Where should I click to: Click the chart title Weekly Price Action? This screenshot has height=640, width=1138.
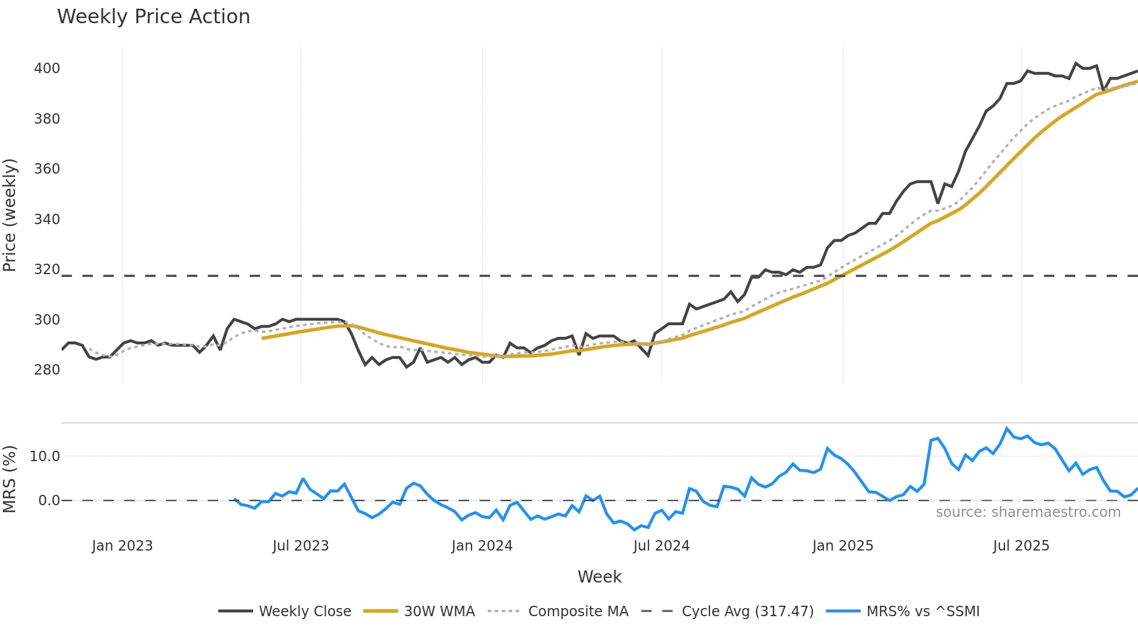click(x=153, y=17)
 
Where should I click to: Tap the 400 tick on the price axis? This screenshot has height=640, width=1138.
click(x=47, y=69)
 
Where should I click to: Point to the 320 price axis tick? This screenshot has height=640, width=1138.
click(x=47, y=269)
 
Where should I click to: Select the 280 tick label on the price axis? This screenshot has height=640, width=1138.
click(x=47, y=370)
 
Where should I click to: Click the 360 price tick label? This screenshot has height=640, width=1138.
click(x=47, y=169)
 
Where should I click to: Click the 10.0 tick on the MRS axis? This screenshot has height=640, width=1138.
click(x=45, y=456)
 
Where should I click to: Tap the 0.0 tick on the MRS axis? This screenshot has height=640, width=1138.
click(x=49, y=501)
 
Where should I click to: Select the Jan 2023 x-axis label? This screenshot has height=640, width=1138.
click(x=122, y=546)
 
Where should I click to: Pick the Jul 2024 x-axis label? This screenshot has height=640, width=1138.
click(x=661, y=546)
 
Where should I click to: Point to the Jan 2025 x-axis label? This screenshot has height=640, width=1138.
click(x=842, y=546)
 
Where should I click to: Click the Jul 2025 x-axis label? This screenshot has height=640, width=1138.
click(x=1021, y=546)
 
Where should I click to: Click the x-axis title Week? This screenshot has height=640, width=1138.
click(x=599, y=577)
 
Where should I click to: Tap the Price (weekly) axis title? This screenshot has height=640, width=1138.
click(x=10, y=215)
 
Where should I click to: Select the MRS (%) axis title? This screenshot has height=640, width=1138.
click(x=10, y=479)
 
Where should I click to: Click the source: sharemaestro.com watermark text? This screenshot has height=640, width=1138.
click(x=1028, y=512)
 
